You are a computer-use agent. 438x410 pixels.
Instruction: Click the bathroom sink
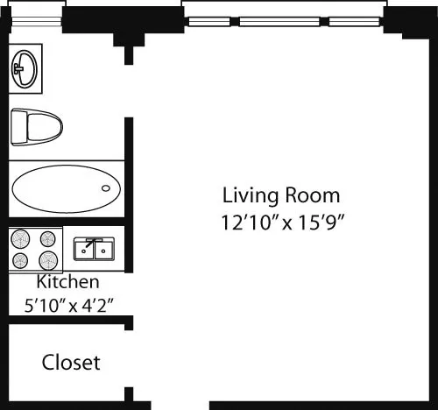[25, 67]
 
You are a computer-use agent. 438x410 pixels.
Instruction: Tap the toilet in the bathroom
[36, 126]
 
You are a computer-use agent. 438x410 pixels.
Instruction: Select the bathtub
[67, 187]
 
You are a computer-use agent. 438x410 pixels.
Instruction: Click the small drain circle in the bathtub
[107, 187]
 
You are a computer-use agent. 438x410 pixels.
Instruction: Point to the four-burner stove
[36, 249]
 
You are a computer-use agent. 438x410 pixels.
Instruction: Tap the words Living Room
[280, 194]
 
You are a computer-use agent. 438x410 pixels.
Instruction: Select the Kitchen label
[67, 283]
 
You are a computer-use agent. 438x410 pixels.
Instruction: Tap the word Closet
[71, 362]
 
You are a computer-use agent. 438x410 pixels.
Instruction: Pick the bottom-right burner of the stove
[49, 260]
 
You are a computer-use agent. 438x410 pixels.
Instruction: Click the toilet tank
[17, 126]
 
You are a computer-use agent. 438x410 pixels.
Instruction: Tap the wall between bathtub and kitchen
[66, 220]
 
